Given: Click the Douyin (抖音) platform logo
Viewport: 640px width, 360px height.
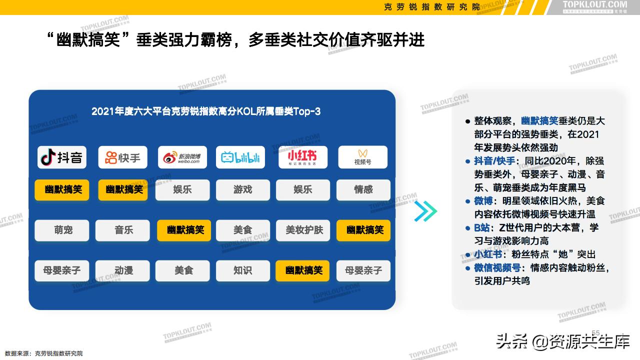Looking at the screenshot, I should tap(62, 157).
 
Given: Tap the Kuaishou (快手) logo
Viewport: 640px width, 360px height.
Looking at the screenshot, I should tap(122, 157).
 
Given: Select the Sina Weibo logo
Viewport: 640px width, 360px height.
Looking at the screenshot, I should tap(182, 157).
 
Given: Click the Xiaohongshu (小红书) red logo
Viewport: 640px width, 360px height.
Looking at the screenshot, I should tap(302, 157).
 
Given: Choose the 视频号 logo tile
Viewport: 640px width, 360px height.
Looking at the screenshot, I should tap(363, 157).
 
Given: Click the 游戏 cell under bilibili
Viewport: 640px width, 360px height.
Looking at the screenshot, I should tap(242, 190).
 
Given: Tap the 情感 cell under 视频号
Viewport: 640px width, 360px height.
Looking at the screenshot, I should tap(363, 190).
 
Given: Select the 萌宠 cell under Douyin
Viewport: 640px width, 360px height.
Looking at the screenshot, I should tap(62, 230).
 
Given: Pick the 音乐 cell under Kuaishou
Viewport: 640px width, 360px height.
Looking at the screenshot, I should tap(123, 230).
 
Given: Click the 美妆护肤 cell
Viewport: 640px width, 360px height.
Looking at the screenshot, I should tap(304, 230).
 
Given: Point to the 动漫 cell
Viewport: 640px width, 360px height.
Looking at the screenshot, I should tap(123, 270).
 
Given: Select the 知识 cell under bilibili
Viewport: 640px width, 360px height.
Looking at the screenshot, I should tap(242, 270).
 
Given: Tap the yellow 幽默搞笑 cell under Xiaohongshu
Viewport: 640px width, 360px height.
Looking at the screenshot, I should tap(303, 270).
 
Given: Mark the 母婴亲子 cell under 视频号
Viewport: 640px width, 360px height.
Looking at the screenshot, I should tap(363, 270).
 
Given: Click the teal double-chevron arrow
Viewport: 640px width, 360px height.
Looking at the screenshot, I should tap(425, 211).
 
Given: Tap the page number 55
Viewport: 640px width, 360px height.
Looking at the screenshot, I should tap(595, 333).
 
